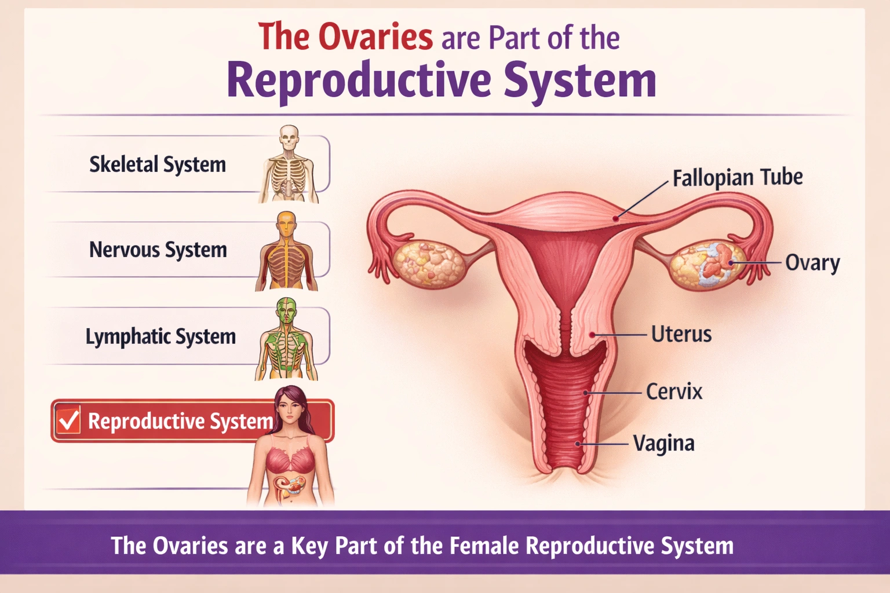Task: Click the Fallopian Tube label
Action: click(x=737, y=178)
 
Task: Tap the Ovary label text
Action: click(x=812, y=263)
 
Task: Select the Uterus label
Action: click(x=681, y=334)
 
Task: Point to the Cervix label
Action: click(x=674, y=392)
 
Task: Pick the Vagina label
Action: click(x=663, y=444)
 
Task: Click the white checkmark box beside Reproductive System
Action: click(x=68, y=420)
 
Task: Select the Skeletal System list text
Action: click(x=157, y=164)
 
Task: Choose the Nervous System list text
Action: click(x=158, y=250)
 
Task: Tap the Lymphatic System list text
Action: click(x=161, y=336)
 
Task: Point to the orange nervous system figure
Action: click(x=287, y=252)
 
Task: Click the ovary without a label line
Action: click(x=428, y=263)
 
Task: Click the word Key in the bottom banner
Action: click(x=309, y=546)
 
